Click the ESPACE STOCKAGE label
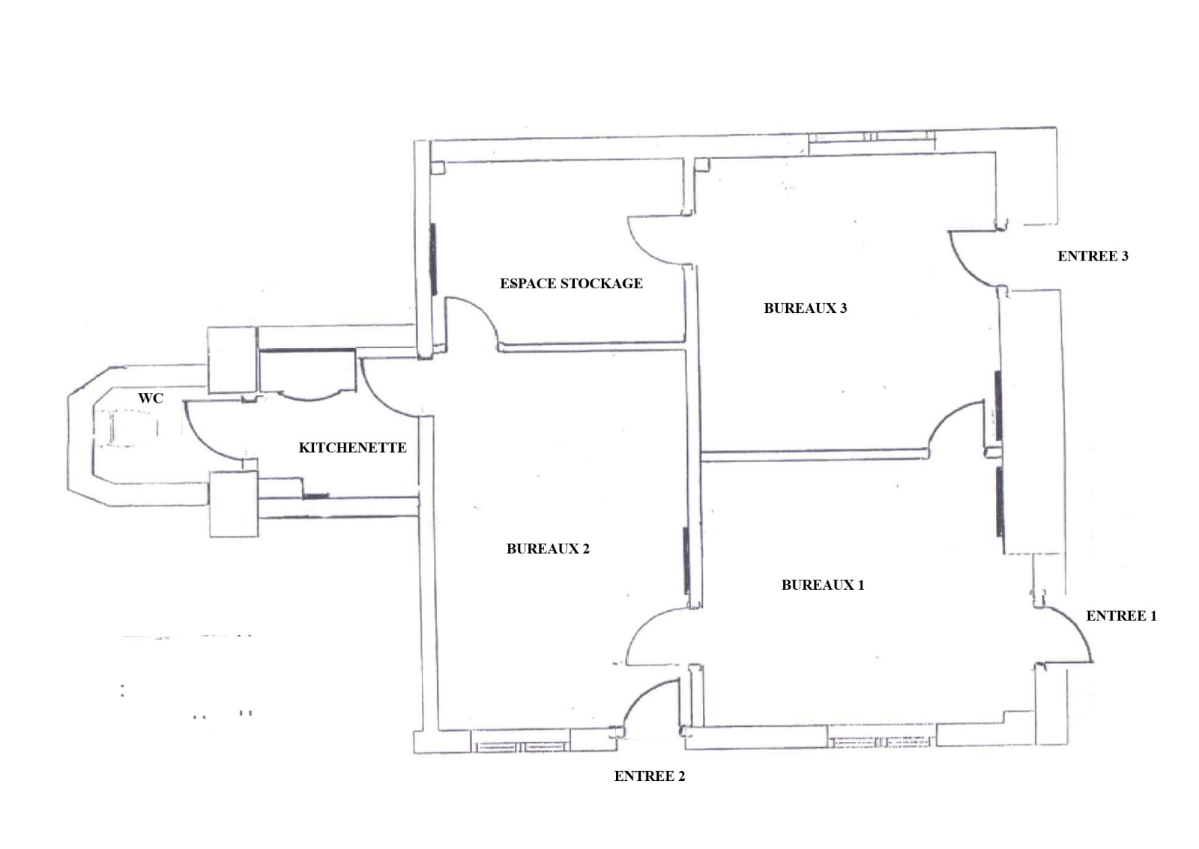point(571,283)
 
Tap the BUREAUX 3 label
point(805,308)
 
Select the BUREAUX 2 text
point(548,549)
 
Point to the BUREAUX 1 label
point(823,585)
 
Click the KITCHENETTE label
point(352,448)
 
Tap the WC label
point(151,398)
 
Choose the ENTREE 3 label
point(1093,256)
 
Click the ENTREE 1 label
point(1121,616)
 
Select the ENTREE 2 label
point(649,776)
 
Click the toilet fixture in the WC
point(126,427)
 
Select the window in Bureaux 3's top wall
point(872,137)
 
